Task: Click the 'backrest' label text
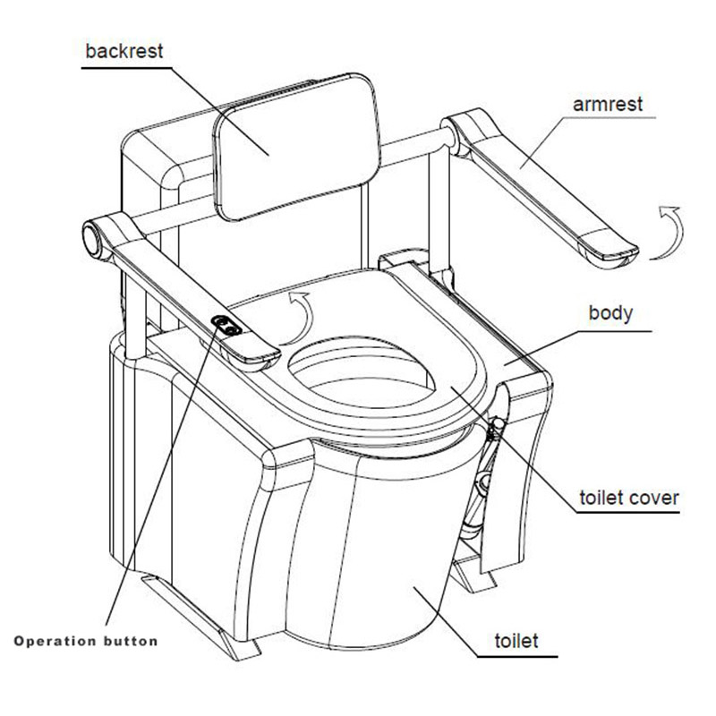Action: click(x=124, y=49)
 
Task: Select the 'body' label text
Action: click(x=610, y=313)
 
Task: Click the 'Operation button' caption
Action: click(x=86, y=641)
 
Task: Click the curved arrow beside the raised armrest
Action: click(x=666, y=232)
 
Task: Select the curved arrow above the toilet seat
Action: click(x=301, y=314)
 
